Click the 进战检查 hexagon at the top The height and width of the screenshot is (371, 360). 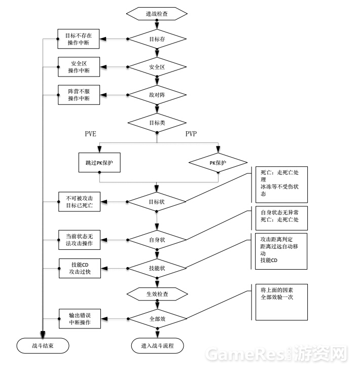pos(157,14)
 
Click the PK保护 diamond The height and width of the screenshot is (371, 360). pos(218,163)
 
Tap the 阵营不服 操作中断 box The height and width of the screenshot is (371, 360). pos(79,94)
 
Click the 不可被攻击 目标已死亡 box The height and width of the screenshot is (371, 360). pos(79,202)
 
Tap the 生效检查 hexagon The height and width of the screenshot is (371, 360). pos(157,293)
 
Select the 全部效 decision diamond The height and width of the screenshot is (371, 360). pos(157,319)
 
